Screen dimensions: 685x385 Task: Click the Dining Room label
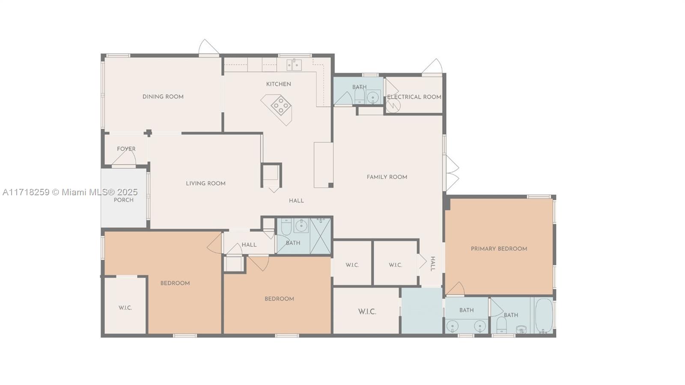163,97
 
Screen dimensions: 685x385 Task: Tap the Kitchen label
278,84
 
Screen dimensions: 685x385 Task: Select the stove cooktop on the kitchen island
281,105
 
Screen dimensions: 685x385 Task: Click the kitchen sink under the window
294,65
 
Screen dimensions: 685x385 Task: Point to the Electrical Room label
414,97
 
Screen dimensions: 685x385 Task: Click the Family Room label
387,177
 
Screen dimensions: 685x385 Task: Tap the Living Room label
205,183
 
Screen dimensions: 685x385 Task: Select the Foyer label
126,149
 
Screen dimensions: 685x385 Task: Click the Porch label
124,200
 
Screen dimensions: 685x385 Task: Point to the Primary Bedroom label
499,249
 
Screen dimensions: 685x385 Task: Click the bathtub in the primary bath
544,316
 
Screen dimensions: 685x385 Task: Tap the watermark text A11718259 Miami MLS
70,192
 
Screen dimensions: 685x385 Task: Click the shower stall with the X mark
320,236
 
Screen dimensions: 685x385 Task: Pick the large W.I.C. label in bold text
367,312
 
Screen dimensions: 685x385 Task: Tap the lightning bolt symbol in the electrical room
393,105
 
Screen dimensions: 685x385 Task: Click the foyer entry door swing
124,158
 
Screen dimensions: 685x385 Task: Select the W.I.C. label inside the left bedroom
125,307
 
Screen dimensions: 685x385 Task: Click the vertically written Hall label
433,264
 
